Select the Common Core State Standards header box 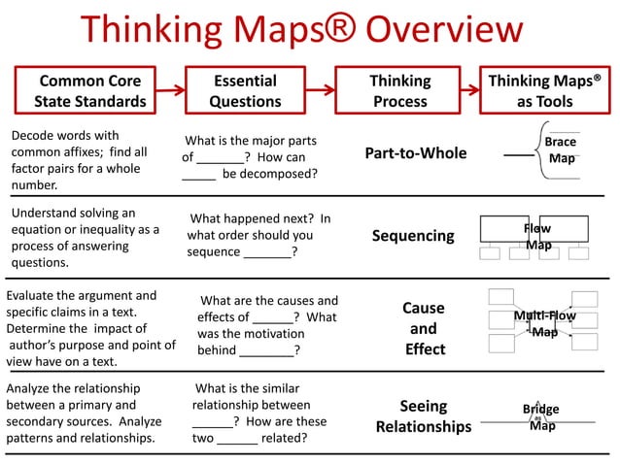(x=89, y=91)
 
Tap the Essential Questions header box (x=245, y=91)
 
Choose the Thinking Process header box (x=399, y=91)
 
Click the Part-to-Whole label (x=415, y=153)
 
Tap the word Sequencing (x=413, y=236)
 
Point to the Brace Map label (x=561, y=149)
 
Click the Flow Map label (x=537, y=237)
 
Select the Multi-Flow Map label (x=544, y=324)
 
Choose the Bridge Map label (x=541, y=417)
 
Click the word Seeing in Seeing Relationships (x=423, y=406)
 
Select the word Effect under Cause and (x=425, y=348)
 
